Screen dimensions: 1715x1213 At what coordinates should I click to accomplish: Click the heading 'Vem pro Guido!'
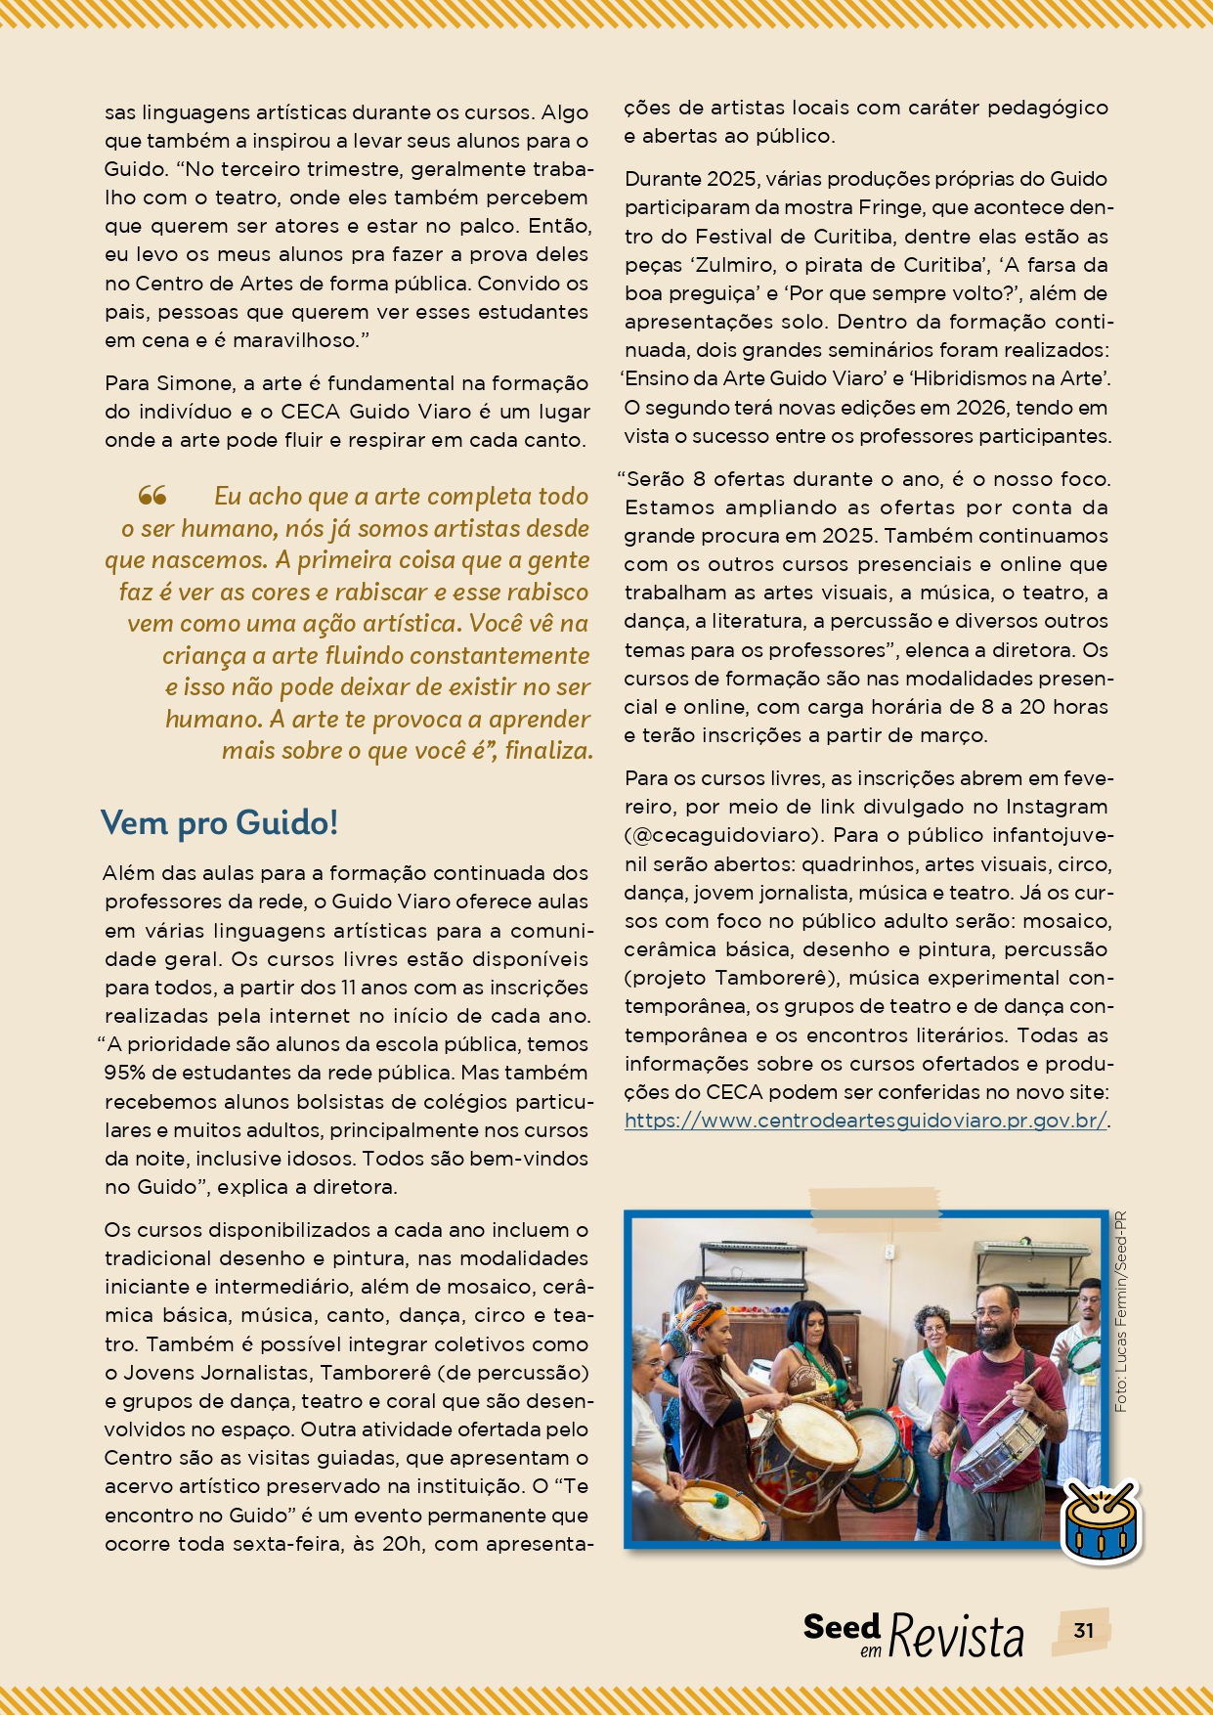pyautogui.click(x=219, y=822)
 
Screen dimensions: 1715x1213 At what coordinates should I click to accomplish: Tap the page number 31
pyautogui.click(x=1083, y=1630)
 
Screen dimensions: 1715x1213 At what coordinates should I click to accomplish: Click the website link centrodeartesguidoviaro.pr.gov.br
pyautogui.click(x=866, y=1121)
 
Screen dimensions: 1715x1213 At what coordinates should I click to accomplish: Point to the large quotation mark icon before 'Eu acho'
pyautogui.click(x=152, y=496)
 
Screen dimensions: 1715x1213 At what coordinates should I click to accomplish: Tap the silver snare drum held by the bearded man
pyautogui.click(x=999, y=1434)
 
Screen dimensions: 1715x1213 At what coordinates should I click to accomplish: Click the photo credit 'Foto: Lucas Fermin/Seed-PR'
pyautogui.click(x=1120, y=1310)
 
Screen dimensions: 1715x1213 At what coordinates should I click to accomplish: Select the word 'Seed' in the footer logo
pyautogui.click(x=842, y=1627)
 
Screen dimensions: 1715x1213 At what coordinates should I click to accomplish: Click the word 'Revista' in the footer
pyautogui.click(x=956, y=1636)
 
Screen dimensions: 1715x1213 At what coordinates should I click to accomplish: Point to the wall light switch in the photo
pyautogui.click(x=889, y=1252)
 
